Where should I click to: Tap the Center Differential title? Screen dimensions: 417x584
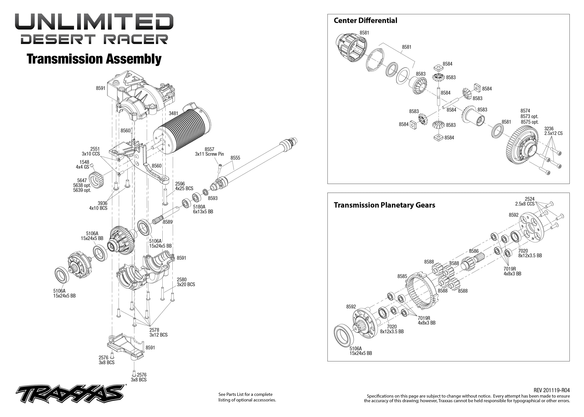pyautogui.click(x=365, y=21)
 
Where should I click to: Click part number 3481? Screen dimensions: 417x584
pyautogui.click(x=173, y=113)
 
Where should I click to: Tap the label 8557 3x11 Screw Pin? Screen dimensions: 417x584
pyautogui.click(x=209, y=152)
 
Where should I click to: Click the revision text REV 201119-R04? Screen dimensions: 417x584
pyautogui.click(x=551, y=390)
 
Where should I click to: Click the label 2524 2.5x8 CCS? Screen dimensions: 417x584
pyautogui.click(x=524, y=201)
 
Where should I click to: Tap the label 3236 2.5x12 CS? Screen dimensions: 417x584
pyautogui.click(x=553, y=131)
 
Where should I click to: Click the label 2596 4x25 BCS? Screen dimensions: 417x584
pyautogui.click(x=184, y=186)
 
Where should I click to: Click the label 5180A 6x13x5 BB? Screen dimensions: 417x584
pyautogui.click(x=203, y=209)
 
